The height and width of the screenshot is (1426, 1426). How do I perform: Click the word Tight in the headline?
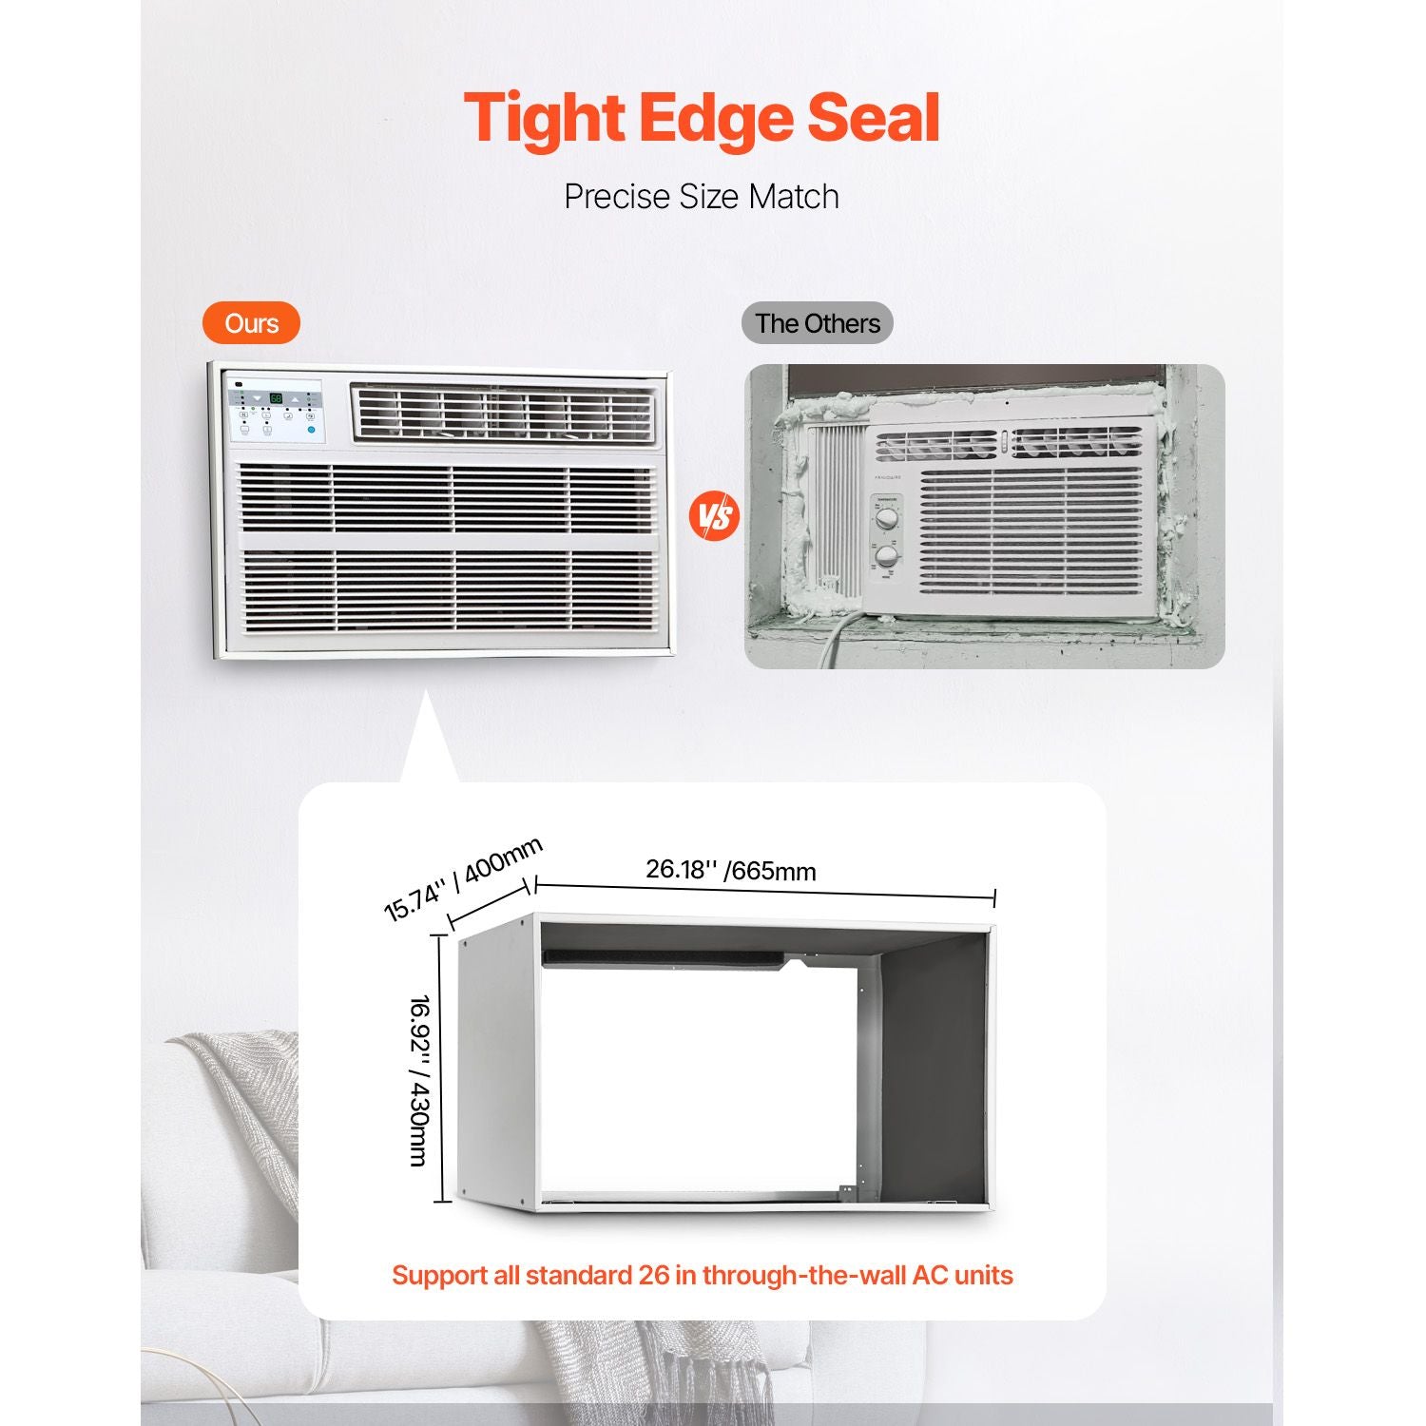pos(545,118)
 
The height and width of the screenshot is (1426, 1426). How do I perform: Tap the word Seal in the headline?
pos(874,117)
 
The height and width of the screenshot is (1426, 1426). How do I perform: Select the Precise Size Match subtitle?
pos(702,197)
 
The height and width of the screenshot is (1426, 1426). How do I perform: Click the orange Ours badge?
pos(251,323)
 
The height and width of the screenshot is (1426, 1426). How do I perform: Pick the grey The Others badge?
pos(818,323)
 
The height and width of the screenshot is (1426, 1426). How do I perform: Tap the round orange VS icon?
pos(714,516)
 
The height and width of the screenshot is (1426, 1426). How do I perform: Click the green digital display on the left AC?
pos(275,398)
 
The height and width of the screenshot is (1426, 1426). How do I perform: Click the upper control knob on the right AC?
pos(886,519)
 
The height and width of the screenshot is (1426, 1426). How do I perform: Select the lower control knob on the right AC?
pos(887,556)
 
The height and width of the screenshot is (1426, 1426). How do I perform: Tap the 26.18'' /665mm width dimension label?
pos(731,870)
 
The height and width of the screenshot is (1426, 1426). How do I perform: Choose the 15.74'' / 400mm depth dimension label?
pos(463,879)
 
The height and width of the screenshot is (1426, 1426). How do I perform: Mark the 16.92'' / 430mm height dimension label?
pos(418,1080)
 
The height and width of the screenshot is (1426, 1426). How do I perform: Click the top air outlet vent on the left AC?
pos(504,414)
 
